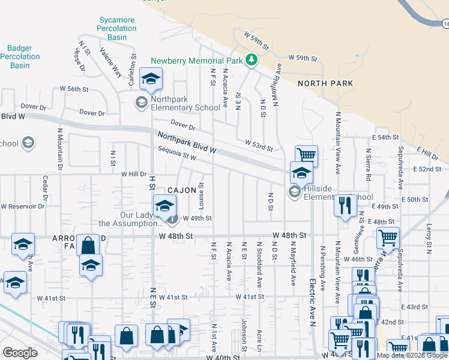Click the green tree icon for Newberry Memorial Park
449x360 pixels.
252,60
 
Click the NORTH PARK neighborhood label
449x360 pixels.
325,83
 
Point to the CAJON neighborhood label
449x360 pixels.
181,190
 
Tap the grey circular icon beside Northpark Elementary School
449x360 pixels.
141,102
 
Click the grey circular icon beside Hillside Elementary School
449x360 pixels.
294,191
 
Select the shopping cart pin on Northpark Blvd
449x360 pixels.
306,155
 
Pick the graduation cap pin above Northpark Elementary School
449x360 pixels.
151,78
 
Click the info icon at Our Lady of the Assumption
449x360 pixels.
172,219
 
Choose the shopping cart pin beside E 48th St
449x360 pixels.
388,237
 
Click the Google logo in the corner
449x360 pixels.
20,352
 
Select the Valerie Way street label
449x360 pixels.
111,63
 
